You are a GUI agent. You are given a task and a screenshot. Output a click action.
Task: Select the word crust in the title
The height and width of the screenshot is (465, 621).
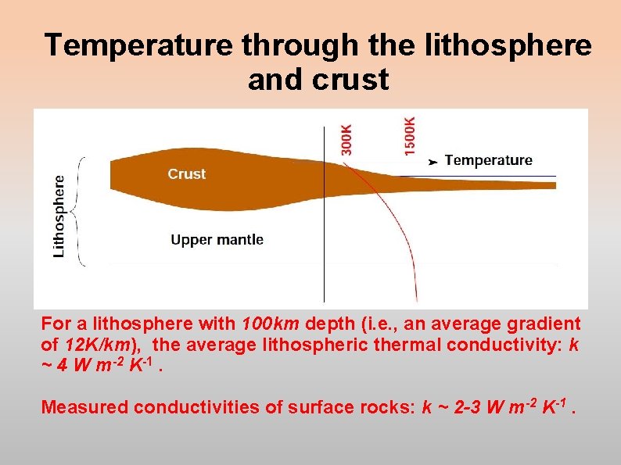coord(351,80)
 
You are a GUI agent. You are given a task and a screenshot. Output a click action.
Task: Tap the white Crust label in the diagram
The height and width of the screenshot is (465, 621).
coord(186,174)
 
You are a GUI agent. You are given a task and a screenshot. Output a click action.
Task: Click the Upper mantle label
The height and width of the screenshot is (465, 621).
coord(217,240)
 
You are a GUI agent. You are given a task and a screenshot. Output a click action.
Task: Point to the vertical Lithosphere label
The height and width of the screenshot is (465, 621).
coord(59,215)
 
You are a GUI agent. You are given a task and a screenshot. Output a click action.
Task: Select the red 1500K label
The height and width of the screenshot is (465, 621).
coord(411,135)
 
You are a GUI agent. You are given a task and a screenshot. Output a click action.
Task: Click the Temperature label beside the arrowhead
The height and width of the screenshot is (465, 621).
coord(488,160)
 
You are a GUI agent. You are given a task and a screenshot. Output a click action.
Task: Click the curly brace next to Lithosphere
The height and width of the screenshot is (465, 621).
coord(79,211)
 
